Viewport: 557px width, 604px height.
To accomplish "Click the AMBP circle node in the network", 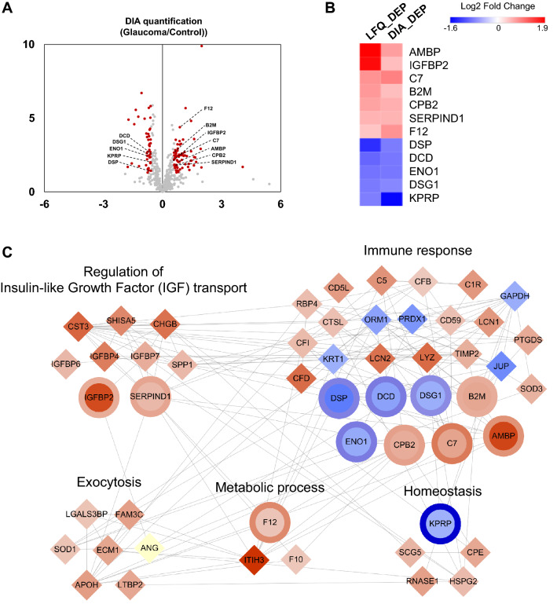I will pos(504,436).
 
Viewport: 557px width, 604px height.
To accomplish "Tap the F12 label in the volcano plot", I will pos(208,108).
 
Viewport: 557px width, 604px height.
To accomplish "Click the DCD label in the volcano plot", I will pos(124,135).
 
